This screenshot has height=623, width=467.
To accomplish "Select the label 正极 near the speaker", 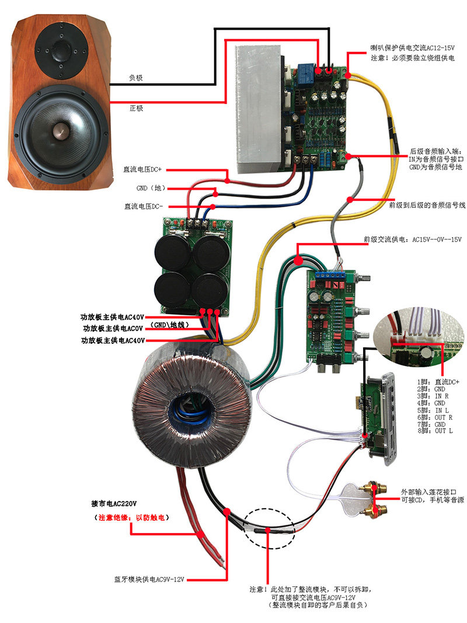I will coord(135,109).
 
